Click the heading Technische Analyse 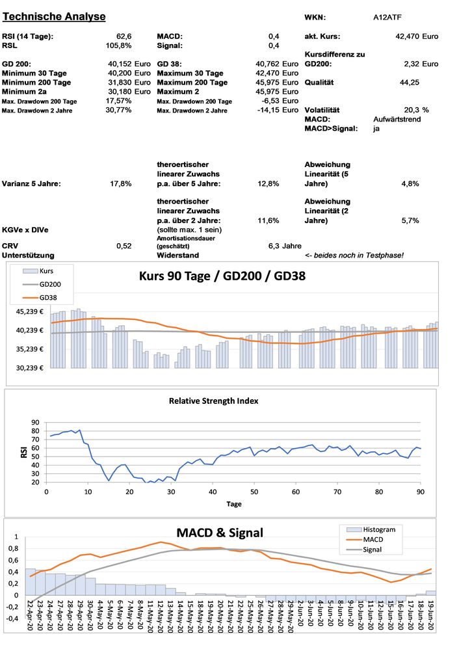tap(54, 16)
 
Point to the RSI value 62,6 tap(123, 36)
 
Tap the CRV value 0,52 tap(124, 246)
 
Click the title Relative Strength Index tap(213, 401)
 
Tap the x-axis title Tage tap(233, 504)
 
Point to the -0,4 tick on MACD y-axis tap(11, 619)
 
